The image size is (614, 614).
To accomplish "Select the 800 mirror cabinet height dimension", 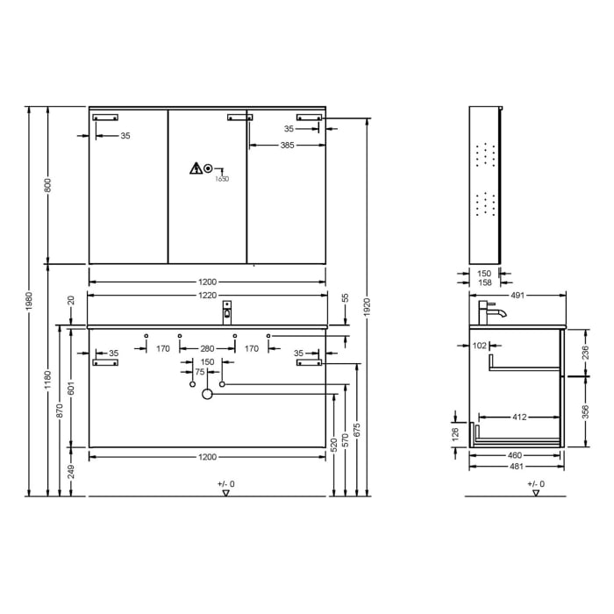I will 49,185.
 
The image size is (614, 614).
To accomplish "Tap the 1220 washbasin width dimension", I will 207,295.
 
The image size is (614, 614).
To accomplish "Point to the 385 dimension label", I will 287,145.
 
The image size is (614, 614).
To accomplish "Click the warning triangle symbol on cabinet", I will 194,168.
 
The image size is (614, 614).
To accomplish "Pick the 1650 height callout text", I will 222,178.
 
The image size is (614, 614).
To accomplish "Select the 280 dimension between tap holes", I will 207,349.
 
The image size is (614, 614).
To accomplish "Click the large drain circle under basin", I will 208,395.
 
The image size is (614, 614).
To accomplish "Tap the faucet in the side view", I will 489,311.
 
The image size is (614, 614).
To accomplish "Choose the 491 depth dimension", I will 517,296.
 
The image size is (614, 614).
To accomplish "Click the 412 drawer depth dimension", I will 519,418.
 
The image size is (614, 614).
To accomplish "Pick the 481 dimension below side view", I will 516,466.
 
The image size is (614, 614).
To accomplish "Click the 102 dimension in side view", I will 480,346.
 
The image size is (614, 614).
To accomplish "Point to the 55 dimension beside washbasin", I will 345,298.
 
